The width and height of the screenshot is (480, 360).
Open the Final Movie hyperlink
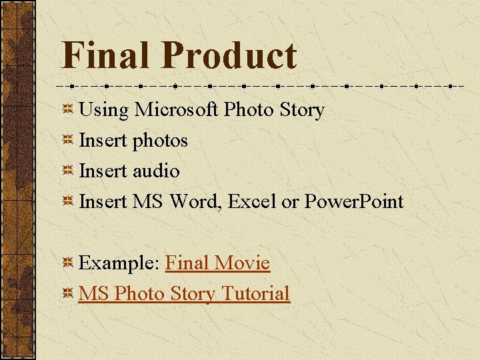217,263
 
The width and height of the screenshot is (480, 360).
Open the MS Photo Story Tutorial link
184,293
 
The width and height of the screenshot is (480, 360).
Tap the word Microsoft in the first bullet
177,109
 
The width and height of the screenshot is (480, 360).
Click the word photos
160,141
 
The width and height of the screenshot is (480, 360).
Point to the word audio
156,171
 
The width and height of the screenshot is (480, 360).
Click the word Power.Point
354,201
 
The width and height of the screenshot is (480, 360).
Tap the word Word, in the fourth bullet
196,201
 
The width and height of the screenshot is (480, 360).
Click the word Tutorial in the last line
256,293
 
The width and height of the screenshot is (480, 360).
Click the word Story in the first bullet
302,109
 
